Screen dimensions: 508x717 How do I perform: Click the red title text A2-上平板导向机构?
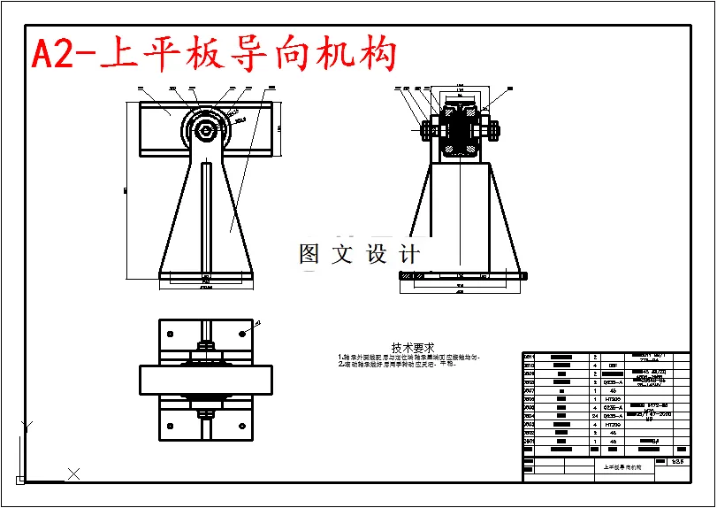coord(212,55)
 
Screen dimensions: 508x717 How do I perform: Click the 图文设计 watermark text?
coord(359,255)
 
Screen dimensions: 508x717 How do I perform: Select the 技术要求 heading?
coord(413,348)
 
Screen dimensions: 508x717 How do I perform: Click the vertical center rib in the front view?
coord(206,217)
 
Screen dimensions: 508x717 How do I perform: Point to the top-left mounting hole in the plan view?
coord(168,333)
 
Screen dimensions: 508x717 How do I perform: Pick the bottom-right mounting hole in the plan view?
coord(241,427)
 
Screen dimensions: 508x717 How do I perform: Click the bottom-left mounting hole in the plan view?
coord(168,427)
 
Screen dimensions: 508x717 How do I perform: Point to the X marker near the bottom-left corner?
coord(74,474)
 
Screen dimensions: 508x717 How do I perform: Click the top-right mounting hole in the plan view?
coord(241,333)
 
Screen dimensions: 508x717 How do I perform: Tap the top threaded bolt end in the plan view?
coord(205,345)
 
